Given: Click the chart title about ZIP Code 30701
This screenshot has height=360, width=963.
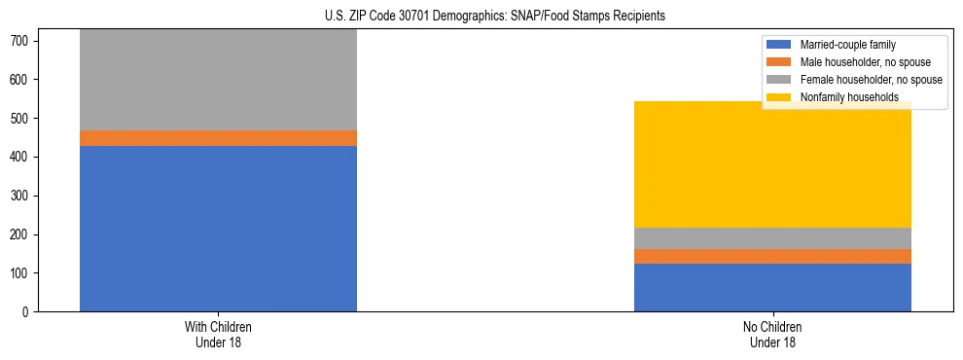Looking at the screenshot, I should [495, 17].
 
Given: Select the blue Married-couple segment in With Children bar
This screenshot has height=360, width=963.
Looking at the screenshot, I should [218, 229].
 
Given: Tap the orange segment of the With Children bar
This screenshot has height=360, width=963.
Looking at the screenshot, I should [218, 138].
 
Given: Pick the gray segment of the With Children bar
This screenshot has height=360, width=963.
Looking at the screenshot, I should [218, 80].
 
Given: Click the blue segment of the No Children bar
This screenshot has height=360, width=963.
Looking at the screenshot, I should [772, 287].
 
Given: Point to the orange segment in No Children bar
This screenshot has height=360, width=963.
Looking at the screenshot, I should [772, 256].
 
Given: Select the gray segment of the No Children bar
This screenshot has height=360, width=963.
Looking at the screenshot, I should [772, 238].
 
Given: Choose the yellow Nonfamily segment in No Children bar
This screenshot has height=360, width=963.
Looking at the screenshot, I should [772, 164].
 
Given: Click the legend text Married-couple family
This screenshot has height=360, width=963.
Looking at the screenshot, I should [848, 45].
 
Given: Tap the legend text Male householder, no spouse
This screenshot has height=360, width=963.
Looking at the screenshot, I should [860, 62].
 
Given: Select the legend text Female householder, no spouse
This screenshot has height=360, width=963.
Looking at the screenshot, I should [871, 80].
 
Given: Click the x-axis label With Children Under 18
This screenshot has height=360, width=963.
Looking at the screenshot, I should [218, 334].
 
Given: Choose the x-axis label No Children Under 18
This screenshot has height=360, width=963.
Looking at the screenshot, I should [772, 334].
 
